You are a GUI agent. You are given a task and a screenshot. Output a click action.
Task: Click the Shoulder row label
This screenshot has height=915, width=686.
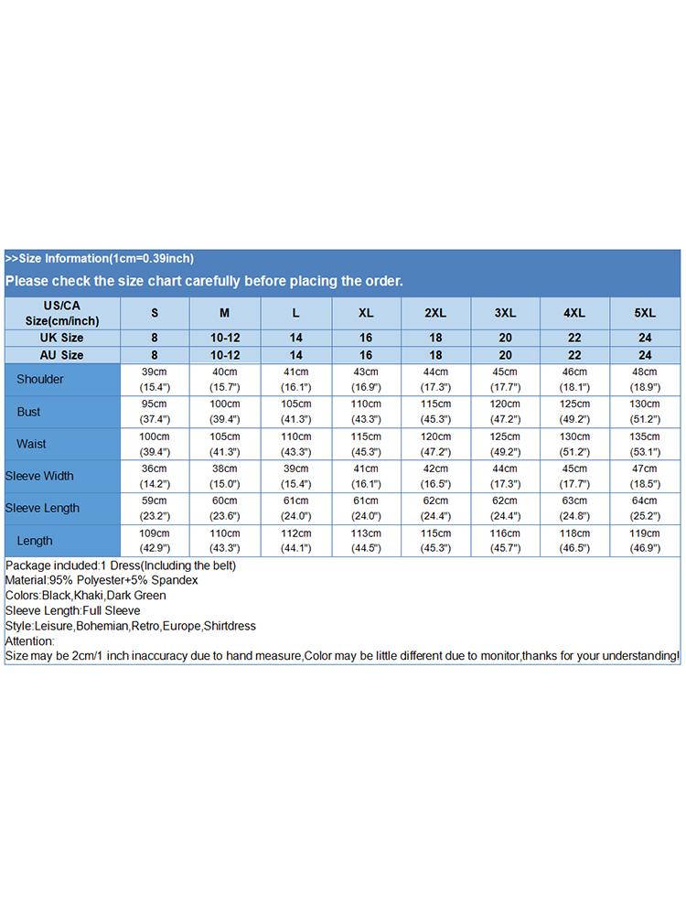point(40,380)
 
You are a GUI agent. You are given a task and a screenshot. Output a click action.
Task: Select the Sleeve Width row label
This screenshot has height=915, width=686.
point(39,476)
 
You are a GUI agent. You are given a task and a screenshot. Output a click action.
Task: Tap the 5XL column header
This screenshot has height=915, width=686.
point(645,313)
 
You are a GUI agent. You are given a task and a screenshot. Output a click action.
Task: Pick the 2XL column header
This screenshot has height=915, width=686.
point(435,313)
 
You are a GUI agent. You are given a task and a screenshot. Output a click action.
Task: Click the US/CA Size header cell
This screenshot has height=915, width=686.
point(62,313)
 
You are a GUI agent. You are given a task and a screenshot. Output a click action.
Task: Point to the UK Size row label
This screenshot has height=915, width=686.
point(62,338)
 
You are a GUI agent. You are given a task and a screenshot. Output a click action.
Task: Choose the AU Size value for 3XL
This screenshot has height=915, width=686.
point(505,355)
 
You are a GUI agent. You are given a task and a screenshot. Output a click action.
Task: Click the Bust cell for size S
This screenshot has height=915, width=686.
point(155,412)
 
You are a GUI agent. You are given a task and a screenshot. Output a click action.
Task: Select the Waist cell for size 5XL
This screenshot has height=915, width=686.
point(645,444)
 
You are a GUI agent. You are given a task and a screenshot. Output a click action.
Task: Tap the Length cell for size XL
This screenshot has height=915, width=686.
point(366,541)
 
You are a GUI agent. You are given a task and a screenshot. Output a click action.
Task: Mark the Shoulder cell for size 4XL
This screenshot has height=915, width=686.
point(574,380)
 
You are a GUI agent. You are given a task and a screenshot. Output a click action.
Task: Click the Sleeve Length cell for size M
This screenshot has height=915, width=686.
point(225,508)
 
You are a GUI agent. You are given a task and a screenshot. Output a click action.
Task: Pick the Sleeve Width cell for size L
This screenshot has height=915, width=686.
point(295,476)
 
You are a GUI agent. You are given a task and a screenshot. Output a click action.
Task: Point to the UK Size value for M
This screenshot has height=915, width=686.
point(225,338)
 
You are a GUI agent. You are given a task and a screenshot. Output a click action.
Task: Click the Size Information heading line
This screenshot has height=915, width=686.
point(100,258)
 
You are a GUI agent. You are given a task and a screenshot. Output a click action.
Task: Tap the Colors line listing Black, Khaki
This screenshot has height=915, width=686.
point(86,596)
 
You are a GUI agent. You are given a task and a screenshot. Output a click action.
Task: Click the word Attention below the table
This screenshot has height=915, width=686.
point(29,641)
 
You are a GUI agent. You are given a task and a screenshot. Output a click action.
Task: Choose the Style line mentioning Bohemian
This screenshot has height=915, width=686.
point(131,626)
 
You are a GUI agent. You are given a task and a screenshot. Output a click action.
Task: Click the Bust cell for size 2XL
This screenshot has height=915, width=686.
point(435,412)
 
